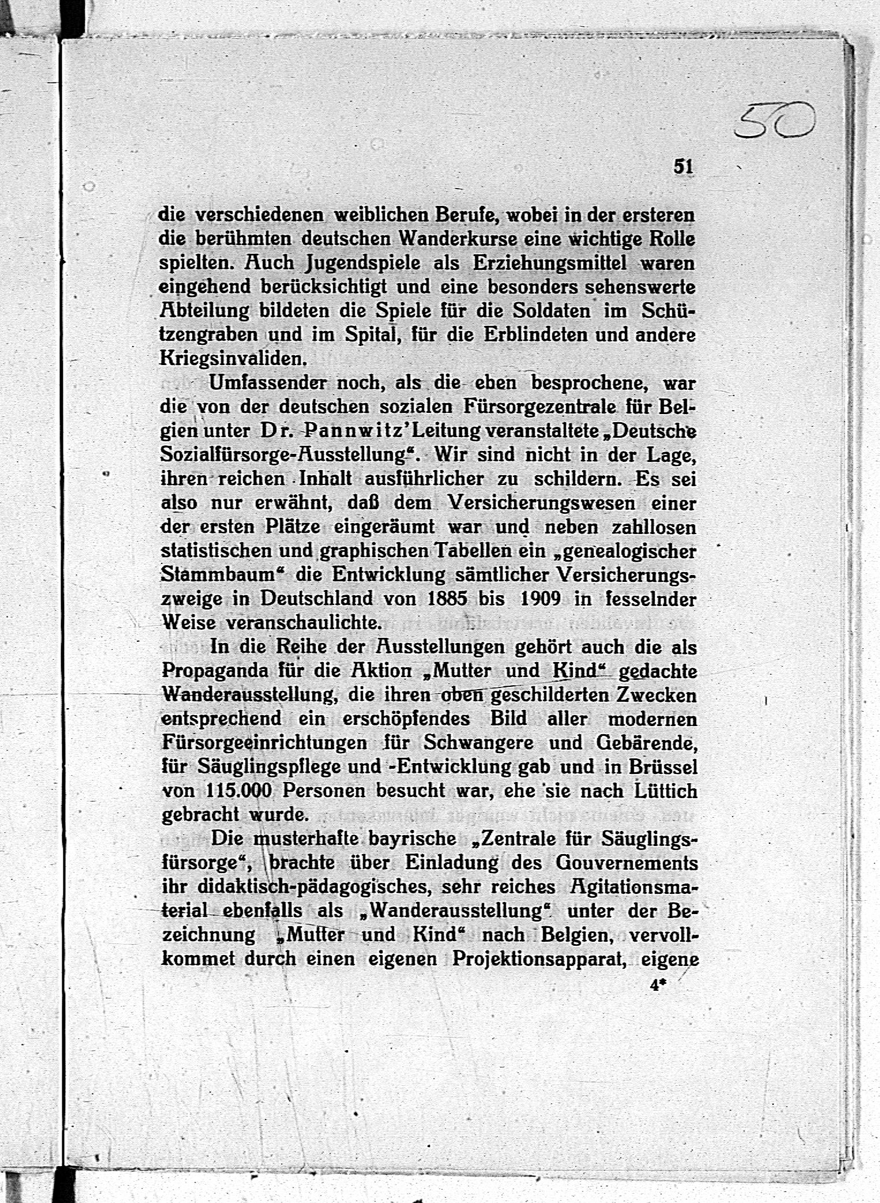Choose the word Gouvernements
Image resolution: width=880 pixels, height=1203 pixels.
click(627, 863)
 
